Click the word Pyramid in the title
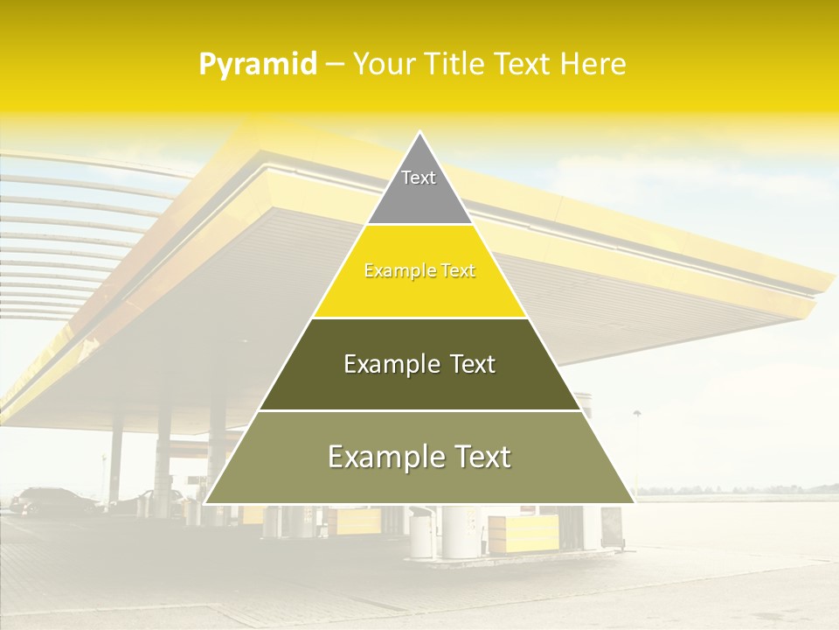pyautogui.click(x=258, y=65)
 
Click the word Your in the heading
pyautogui.click(x=382, y=65)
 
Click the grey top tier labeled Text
pyautogui.click(x=419, y=188)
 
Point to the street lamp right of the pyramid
pyautogui.click(x=636, y=415)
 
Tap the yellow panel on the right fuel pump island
pyautogui.click(x=523, y=531)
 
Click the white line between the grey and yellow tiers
pyautogui.click(x=419, y=225)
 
